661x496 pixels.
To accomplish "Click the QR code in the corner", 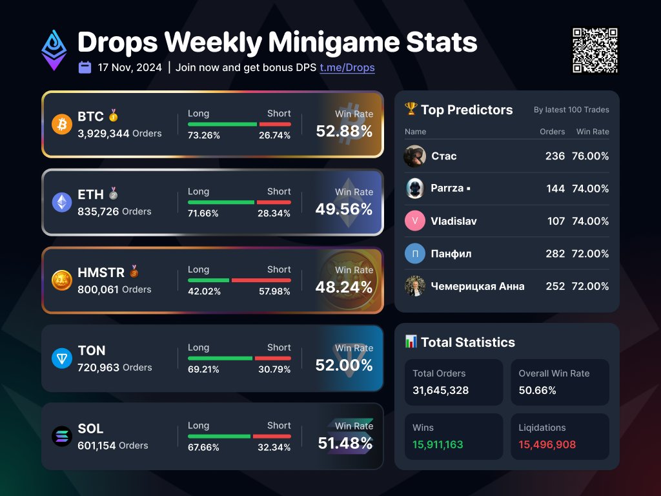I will [x=595, y=51].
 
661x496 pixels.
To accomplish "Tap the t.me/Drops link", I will [x=347, y=68].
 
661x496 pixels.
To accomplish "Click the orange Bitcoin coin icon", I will [x=62, y=124].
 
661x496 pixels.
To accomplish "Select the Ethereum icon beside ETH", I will [x=62, y=202].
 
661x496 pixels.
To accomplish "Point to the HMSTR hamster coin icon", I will [x=62, y=280].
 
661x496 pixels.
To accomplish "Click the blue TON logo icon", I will [x=62, y=358].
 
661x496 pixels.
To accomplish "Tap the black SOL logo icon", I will [x=62, y=437].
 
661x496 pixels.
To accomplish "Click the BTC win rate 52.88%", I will [x=344, y=131].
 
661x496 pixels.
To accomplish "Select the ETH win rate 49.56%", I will [x=344, y=209].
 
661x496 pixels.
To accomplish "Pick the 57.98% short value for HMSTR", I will [x=274, y=291].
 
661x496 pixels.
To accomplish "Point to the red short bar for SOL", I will [x=272, y=437].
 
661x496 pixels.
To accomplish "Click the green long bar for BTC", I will [x=222, y=124].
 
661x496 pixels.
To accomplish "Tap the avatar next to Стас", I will [x=415, y=156].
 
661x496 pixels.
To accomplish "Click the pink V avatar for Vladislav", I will [x=415, y=221].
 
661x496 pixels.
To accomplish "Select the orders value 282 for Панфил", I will [x=554, y=254].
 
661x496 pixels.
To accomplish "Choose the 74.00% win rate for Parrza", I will [x=590, y=189].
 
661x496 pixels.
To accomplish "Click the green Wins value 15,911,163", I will [x=438, y=444].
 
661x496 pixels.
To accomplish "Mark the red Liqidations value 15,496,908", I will [x=547, y=444].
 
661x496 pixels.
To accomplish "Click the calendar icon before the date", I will [x=85, y=67].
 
